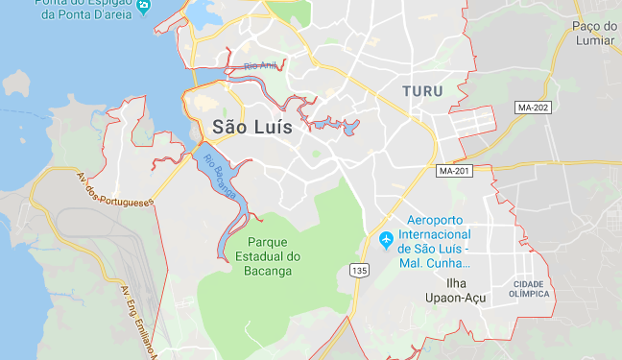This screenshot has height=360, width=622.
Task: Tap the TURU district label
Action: click(x=423, y=90)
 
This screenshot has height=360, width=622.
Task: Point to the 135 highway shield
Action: click(x=359, y=271)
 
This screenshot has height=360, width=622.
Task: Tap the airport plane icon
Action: click(x=386, y=239)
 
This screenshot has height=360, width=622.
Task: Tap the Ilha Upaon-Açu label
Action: click(x=455, y=291)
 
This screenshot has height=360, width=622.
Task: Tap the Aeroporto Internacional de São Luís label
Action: click(x=437, y=234)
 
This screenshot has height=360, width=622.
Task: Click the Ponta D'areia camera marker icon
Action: click(x=144, y=6)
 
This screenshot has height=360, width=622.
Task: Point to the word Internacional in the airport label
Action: click(x=437, y=234)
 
